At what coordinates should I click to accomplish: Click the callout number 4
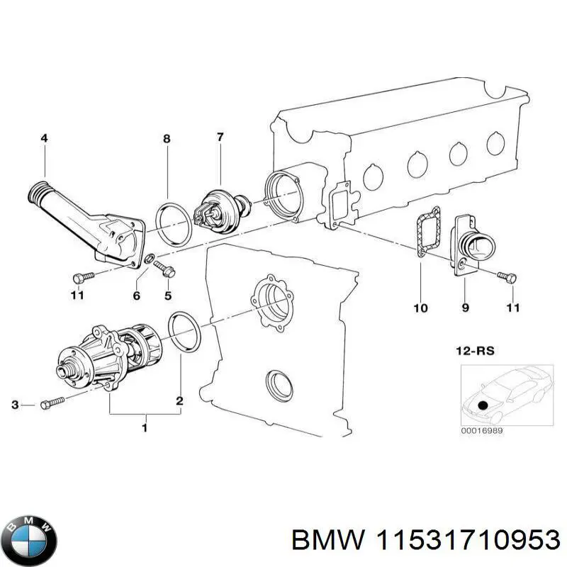point(45,139)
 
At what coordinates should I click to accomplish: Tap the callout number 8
point(167,139)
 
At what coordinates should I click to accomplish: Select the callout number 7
point(220,137)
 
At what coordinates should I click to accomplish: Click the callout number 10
point(421,308)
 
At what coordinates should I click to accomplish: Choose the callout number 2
point(180,401)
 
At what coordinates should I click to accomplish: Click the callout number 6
point(137,295)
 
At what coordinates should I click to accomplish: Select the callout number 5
point(169,295)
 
